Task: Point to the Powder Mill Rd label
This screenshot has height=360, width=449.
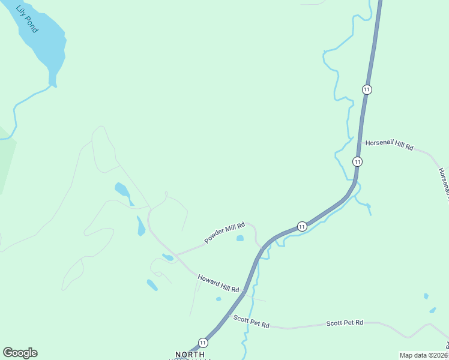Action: [x=224, y=233]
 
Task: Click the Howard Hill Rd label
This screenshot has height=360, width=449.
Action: [x=218, y=282]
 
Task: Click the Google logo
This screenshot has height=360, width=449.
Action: [x=20, y=353]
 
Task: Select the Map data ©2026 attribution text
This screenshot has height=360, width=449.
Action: [x=423, y=355]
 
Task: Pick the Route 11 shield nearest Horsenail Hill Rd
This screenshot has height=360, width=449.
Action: [x=357, y=161]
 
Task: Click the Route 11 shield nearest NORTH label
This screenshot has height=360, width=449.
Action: [x=203, y=343]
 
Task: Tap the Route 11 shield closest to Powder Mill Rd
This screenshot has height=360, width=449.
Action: [x=302, y=226]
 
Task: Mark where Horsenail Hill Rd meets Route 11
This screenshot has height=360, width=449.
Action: [x=360, y=142]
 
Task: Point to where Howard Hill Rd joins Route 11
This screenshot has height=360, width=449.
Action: [x=244, y=293]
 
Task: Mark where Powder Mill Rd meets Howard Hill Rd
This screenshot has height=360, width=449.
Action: [x=175, y=254]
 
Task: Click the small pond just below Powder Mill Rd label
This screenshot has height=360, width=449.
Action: [x=240, y=238]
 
